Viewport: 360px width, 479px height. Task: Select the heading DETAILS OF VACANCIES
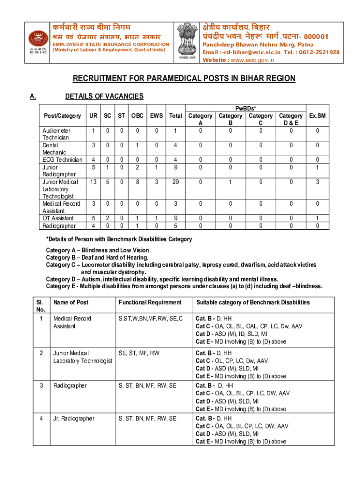coord(104,96)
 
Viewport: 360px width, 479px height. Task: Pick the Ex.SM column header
coord(318,116)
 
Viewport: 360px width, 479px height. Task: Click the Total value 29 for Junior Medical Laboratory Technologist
coord(175,181)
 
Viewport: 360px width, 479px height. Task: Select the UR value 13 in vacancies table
coord(94,181)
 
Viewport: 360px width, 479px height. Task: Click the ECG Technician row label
coord(61,160)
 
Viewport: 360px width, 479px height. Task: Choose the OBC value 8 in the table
coord(137,181)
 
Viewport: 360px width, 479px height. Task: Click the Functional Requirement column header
coord(150,303)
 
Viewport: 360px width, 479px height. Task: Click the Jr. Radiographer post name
coord(74,419)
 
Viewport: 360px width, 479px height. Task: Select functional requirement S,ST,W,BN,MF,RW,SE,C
coord(151,319)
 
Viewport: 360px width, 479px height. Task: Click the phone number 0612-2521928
coord(320,52)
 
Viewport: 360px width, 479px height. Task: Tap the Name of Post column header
coord(71,303)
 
